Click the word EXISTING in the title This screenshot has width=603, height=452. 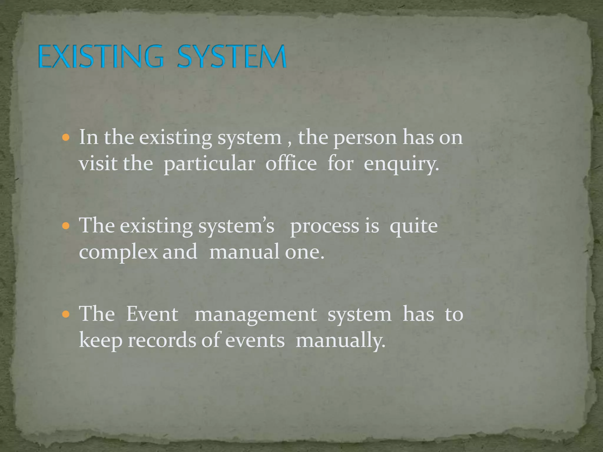tap(100, 56)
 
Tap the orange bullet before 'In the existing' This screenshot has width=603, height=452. tap(66, 137)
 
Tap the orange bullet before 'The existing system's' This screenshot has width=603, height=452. tap(66, 226)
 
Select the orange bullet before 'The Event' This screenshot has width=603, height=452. tap(66, 314)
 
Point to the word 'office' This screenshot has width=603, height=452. tap(291, 164)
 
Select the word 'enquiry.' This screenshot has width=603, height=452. tap(401, 164)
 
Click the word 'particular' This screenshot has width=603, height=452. tap(209, 164)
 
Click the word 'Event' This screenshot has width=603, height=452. tap(152, 314)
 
